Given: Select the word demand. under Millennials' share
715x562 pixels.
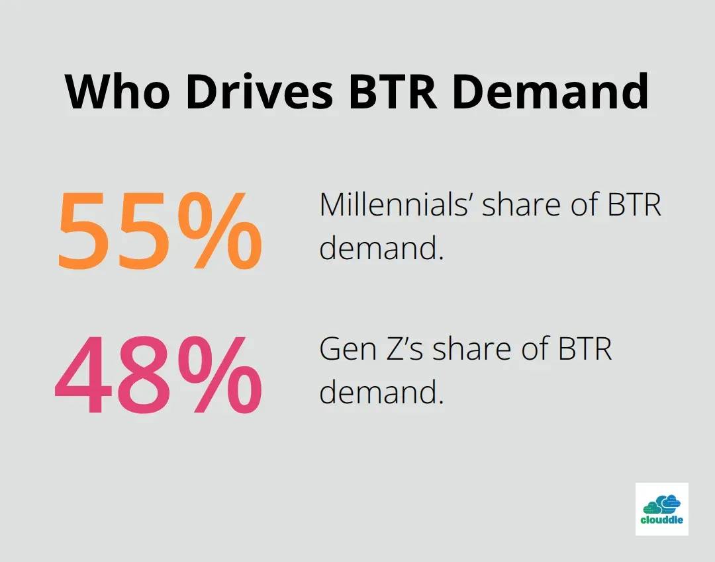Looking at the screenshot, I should tap(381, 249).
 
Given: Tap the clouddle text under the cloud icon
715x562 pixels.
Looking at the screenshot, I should tap(661, 520).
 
